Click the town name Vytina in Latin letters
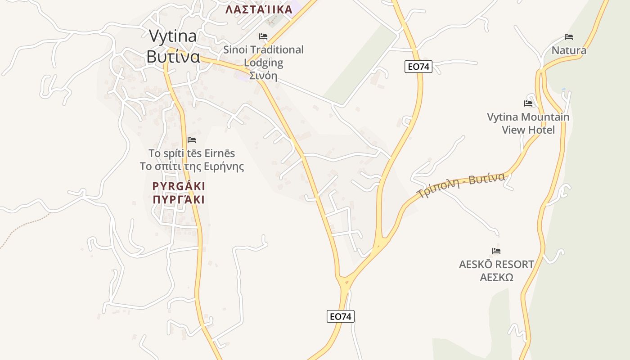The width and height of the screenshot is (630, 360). [172, 36]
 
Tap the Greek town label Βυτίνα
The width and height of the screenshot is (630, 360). [173, 57]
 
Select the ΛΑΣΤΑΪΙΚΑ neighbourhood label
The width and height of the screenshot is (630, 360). [259, 9]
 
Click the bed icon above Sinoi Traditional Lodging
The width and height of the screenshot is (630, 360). [263, 36]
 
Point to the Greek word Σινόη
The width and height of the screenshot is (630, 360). [263, 75]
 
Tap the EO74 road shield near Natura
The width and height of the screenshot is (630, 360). [418, 67]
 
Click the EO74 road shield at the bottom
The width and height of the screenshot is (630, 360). [340, 316]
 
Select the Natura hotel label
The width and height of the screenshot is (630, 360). [569, 50]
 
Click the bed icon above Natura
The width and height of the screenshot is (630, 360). [569, 37]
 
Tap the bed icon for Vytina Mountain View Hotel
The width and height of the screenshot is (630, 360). [528, 103]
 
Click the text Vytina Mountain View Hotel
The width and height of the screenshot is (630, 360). [528, 123]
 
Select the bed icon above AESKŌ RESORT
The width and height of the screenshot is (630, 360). [496, 251]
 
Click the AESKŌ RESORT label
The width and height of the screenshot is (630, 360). [496, 265]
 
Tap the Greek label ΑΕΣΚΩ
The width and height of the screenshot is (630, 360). [496, 277]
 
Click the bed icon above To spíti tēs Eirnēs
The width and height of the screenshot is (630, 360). [192, 140]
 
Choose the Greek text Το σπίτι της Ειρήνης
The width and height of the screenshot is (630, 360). [192, 166]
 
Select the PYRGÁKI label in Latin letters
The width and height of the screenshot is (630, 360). [179, 186]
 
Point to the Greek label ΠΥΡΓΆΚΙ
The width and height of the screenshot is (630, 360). [179, 199]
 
